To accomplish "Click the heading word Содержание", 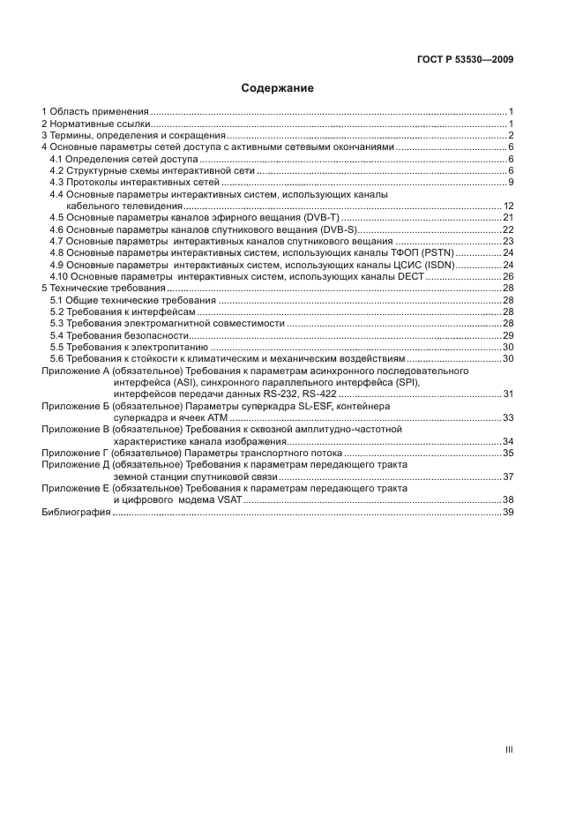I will click(x=278, y=88).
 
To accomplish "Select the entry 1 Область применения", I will click(x=95, y=112).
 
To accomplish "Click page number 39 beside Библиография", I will click(x=508, y=512).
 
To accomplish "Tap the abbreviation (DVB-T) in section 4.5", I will click(x=318, y=217).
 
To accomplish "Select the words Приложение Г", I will click(x=75, y=453).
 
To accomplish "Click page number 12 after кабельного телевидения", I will click(x=508, y=206).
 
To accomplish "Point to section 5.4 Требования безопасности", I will click(x=119, y=335).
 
